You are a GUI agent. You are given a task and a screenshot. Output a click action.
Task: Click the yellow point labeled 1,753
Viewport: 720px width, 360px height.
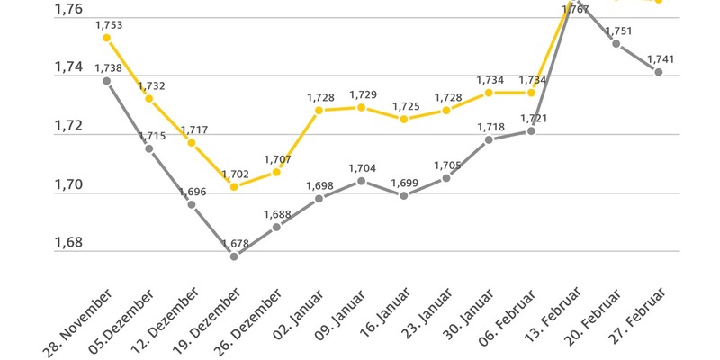point(106,38)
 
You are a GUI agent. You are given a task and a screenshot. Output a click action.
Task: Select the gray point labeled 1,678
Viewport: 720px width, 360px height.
point(234,256)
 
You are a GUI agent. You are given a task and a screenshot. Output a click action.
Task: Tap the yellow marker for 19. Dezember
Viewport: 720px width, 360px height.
point(234,187)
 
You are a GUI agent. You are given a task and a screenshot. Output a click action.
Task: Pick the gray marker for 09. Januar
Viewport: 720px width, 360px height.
point(361,181)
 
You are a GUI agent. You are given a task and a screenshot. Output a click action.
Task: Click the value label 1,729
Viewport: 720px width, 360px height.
point(362,94)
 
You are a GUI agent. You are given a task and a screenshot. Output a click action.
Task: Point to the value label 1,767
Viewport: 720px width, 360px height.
point(575,9)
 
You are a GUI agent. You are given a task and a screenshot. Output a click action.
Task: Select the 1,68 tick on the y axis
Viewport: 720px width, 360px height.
point(68,243)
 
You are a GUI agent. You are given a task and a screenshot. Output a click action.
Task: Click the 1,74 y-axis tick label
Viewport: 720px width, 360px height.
point(68,67)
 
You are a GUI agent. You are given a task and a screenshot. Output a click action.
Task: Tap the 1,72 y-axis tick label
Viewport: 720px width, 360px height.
point(68,126)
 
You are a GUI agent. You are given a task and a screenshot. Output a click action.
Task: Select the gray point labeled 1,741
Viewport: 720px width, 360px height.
point(659,72)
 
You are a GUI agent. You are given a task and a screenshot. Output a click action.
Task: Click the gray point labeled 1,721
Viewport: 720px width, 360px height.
point(531,131)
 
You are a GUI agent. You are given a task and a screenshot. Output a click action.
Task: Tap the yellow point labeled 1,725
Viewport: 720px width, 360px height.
point(404,119)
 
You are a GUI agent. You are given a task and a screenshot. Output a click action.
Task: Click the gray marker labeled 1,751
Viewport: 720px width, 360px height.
point(616,43)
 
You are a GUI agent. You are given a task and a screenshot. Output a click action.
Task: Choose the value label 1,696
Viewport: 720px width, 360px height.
point(193,193)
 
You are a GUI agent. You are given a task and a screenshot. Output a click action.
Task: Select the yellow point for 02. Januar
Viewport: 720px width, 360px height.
point(319,110)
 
